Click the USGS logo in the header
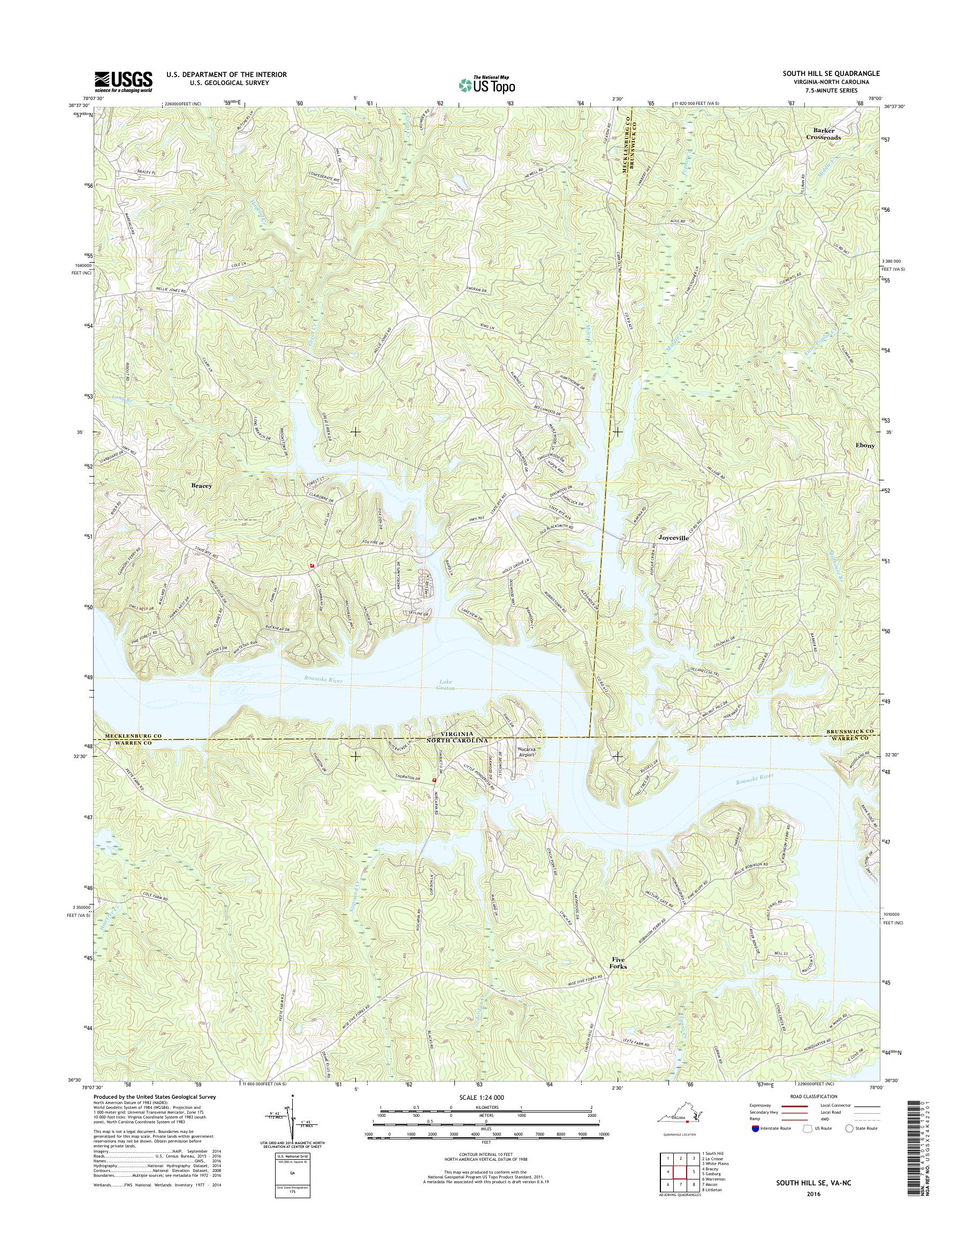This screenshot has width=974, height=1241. coord(123,81)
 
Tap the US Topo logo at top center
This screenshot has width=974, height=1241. coord(486,85)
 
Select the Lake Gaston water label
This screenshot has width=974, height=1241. coord(446,685)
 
